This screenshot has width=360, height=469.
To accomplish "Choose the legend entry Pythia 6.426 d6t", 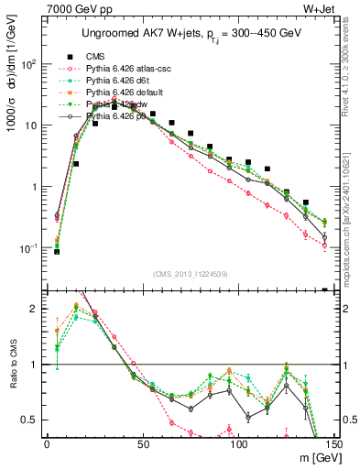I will click(119, 81).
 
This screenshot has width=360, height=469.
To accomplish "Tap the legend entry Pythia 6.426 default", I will click(126, 93).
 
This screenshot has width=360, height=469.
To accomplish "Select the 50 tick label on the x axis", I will click(142, 442).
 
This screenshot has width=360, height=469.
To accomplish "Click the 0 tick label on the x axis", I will click(47, 442).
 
